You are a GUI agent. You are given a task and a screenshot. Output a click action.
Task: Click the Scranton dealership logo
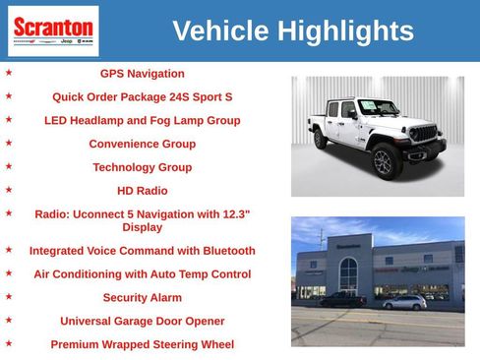[53, 30]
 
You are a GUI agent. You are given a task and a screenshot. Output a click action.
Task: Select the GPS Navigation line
[142, 74]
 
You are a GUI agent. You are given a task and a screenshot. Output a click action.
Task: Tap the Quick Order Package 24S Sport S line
[142, 97]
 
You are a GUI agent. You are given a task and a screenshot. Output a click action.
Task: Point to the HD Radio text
[142, 191]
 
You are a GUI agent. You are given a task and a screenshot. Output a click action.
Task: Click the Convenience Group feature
[142, 144]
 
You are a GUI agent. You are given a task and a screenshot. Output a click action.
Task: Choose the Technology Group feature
[142, 167]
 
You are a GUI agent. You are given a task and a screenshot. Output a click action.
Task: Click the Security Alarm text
[142, 297]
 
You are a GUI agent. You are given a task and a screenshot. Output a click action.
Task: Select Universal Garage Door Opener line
[142, 321]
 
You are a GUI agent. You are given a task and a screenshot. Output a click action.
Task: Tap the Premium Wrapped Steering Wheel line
[142, 344]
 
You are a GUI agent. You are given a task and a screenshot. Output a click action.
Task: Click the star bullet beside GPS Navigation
[9, 73]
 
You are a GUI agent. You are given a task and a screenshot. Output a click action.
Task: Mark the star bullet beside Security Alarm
[9, 296]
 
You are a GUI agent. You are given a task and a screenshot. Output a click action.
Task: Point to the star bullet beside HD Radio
[9, 190]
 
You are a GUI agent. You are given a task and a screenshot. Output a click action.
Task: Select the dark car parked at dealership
[342, 299]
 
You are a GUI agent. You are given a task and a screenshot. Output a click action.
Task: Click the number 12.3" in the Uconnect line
[233, 213]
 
